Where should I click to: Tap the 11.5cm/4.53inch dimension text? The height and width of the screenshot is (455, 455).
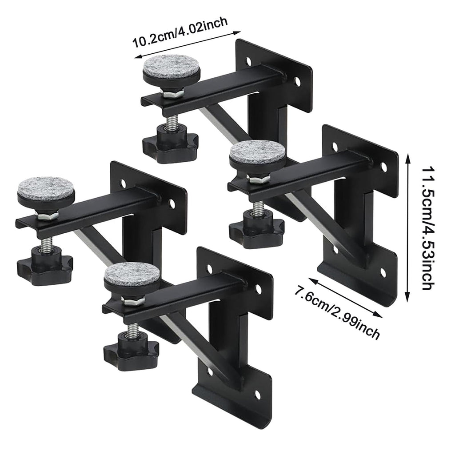(428, 228)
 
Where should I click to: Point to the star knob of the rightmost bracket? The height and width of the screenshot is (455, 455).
(256, 229)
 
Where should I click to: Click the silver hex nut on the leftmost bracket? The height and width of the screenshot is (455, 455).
(46, 215)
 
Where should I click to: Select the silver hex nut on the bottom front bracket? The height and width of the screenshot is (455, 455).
(133, 301)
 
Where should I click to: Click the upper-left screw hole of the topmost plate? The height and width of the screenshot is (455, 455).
(249, 61)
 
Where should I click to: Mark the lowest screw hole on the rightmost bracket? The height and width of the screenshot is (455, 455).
(383, 272)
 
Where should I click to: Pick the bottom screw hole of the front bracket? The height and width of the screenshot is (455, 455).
(257, 395)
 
